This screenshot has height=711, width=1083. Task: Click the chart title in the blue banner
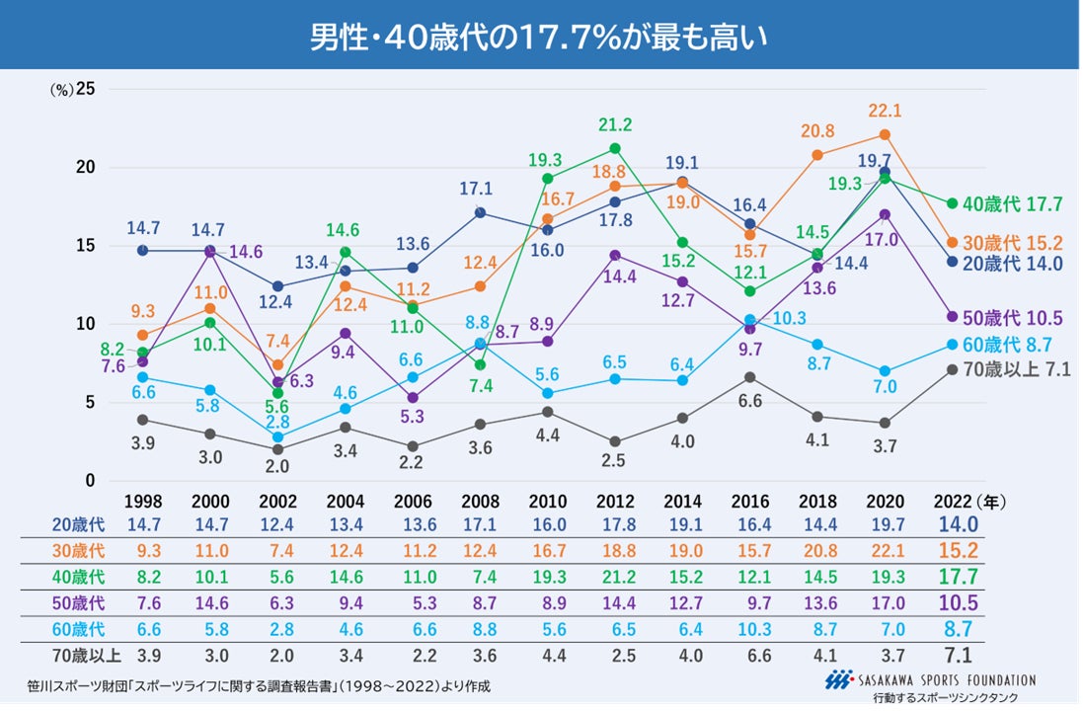[540, 37]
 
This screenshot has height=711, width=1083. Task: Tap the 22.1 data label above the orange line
[885, 111]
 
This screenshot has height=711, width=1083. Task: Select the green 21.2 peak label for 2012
[614, 125]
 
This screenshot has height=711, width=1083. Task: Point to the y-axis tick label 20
[86, 167]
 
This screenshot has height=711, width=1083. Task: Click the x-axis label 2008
[480, 502]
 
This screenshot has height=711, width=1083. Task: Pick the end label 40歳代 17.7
[1012, 204]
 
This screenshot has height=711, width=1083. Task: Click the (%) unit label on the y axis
[62, 89]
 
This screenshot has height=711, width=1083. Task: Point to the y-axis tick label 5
[89, 402]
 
